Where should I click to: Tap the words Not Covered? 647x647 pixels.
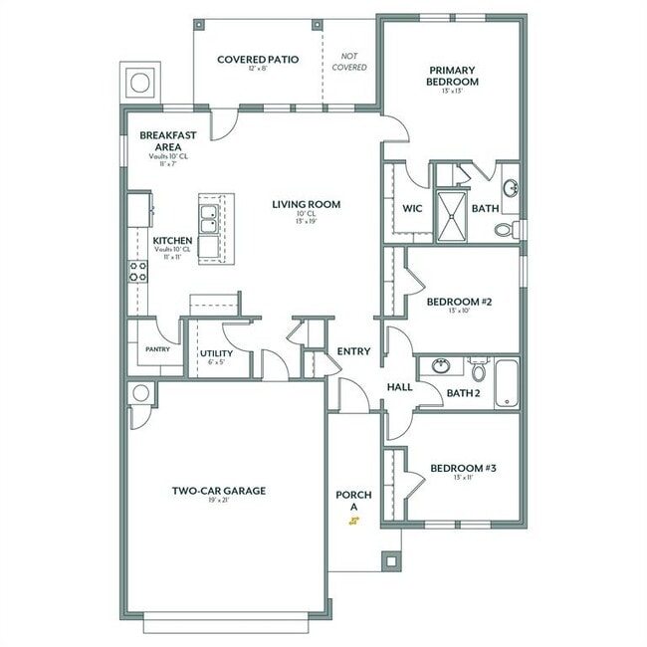click(x=348, y=62)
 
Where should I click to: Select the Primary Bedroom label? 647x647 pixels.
click(x=452, y=76)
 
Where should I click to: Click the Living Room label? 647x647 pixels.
click(x=306, y=204)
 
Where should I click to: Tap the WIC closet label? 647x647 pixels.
click(x=411, y=208)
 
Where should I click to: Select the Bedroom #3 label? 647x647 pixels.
click(x=463, y=468)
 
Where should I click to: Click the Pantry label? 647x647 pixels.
click(x=157, y=349)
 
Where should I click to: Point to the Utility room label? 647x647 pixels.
click(x=216, y=353)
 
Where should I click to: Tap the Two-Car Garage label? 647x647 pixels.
click(x=218, y=490)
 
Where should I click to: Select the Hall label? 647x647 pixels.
click(x=399, y=387)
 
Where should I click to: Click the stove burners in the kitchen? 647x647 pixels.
click(x=137, y=272)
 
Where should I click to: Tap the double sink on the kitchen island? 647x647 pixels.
click(x=209, y=219)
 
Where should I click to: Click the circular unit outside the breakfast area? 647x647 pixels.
click(x=138, y=80)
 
